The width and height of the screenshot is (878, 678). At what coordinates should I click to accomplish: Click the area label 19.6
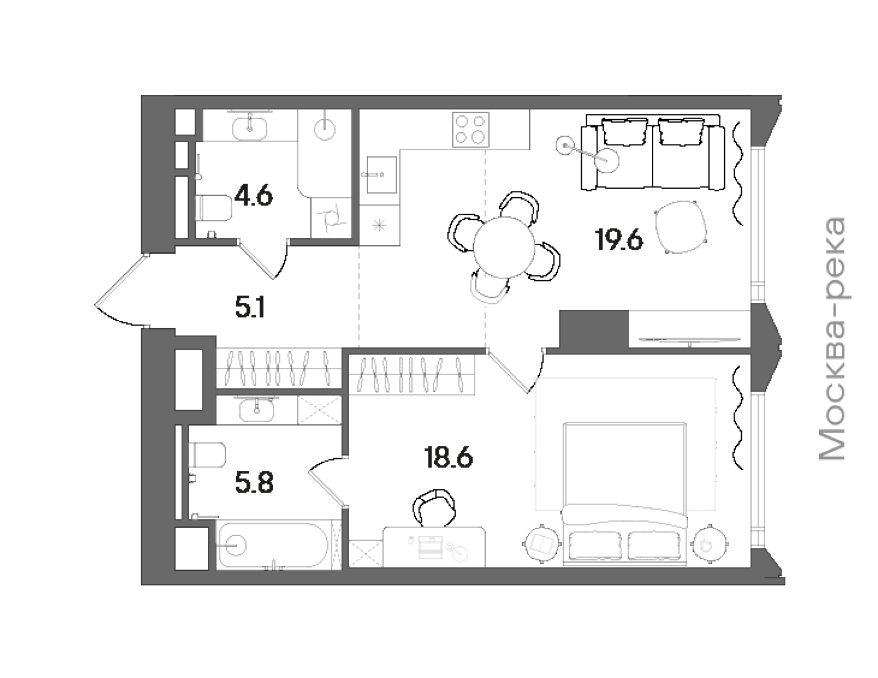(x=619, y=240)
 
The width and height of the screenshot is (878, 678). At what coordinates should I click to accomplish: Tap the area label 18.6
(x=448, y=458)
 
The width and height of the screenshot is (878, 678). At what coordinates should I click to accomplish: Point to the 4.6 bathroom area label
(x=253, y=196)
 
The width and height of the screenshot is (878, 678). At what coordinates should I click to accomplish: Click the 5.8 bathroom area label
(x=254, y=483)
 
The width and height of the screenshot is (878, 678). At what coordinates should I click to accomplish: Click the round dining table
(x=504, y=247)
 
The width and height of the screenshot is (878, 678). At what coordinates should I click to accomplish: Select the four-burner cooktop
(x=471, y=129)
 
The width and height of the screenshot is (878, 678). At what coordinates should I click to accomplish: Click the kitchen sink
(x=382, y=175)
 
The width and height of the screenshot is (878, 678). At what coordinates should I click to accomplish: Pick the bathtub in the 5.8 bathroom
(x=274, y=545)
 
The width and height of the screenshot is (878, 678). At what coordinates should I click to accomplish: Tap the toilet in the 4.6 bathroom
(x=214, y=208)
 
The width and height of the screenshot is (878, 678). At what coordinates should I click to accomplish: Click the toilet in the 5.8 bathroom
(x=207, y=455)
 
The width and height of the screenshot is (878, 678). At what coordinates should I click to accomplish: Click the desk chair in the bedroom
(x=434, y=507)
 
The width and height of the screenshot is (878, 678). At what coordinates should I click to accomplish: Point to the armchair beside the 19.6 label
(x=681, y=227)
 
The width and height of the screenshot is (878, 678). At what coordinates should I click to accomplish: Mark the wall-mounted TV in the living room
(x=690, y=340)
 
